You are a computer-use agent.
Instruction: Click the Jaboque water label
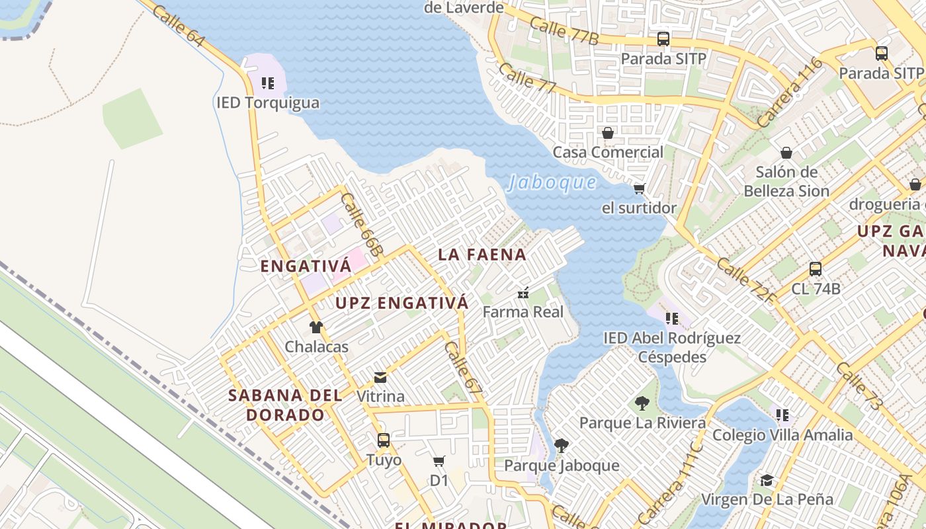tap(552, 183)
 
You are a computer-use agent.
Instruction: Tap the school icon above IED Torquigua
tap(268, 83)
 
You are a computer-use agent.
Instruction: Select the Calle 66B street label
tap(362, 225)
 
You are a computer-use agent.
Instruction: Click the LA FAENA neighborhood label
tap(482, 255)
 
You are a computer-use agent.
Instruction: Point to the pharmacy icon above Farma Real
tap(523, 293)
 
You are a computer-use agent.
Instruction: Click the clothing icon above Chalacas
tap(316, 327)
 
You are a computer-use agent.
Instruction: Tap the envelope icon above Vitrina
tap(380, 378)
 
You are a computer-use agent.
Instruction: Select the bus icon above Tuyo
tap(384, 440)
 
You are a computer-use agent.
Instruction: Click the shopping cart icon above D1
tap(439, 462)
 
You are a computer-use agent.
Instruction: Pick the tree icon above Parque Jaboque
tap(562, 446)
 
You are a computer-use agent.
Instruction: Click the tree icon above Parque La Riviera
tap(642, 403)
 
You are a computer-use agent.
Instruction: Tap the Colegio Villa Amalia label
tap(782, 435)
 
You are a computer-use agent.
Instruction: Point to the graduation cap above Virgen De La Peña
tap(767, 480)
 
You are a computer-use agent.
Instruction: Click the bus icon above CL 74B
tap(816, 269)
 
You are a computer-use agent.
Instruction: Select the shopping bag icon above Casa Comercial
tap(608, 133)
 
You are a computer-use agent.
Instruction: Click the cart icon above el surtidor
tap(639, 189)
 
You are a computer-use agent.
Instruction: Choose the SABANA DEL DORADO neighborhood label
tap(285, 405)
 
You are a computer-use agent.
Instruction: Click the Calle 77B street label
tap(564, 32)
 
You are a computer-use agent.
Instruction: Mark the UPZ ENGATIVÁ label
tap(402, 304)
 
